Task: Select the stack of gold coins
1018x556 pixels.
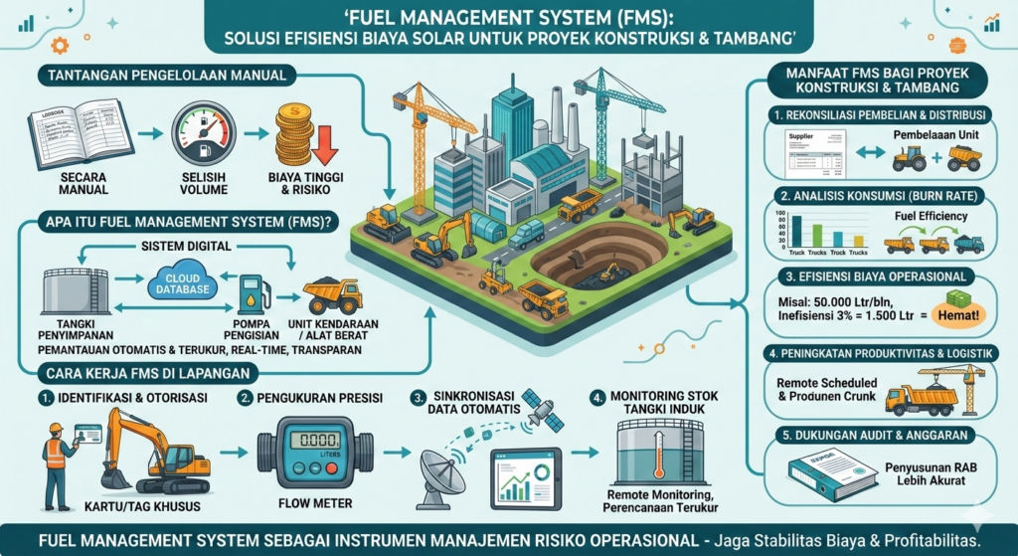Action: coord(295,136)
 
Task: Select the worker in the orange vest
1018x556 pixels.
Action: coord(58,459)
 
